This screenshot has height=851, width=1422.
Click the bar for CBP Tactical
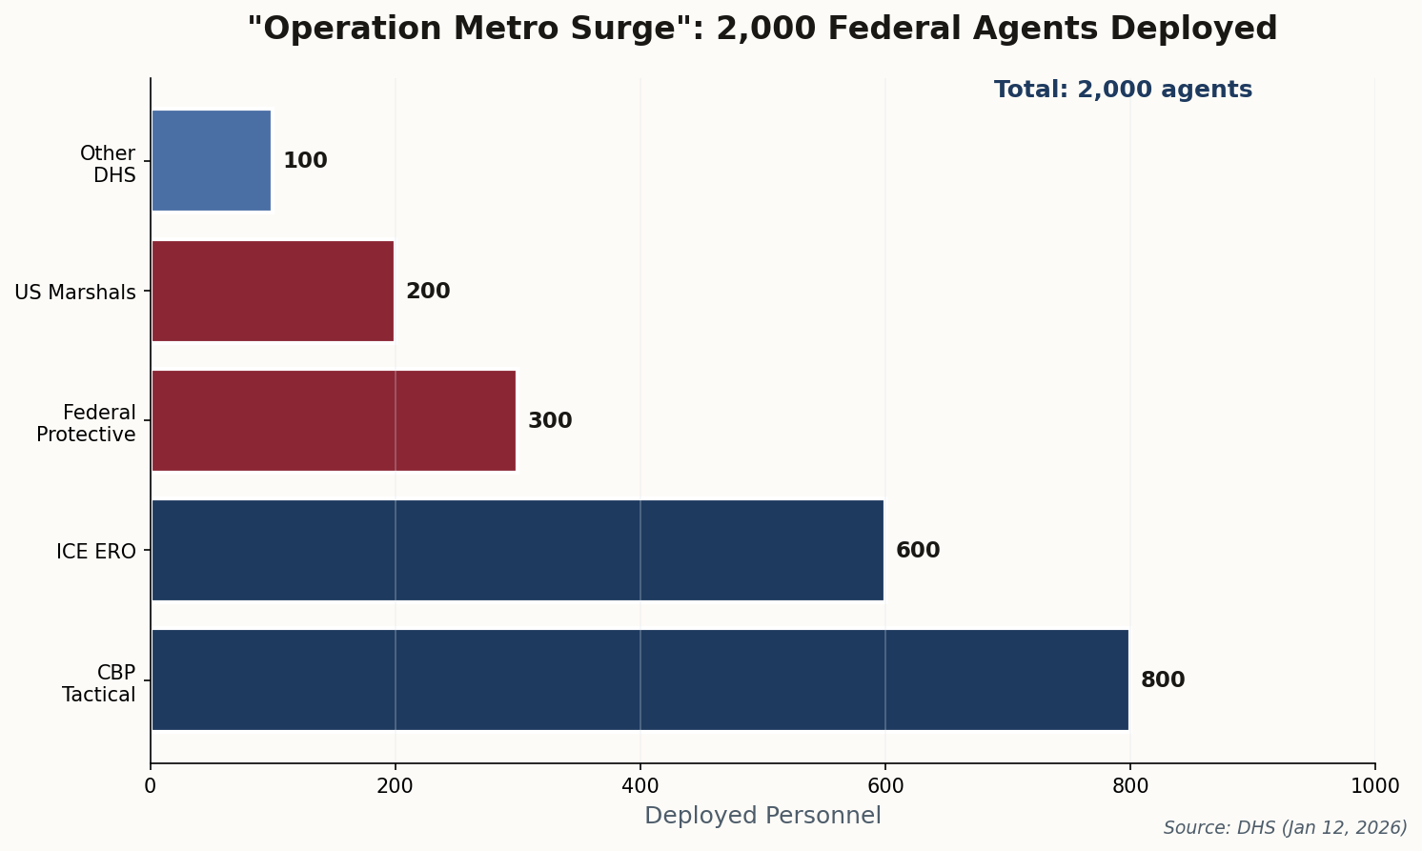pyautogui.click(x=640, y=679)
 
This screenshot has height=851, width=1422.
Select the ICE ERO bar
pyautogui.click(x=518, y=550)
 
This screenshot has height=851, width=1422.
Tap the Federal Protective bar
pyautogui.click(x=334, y=420)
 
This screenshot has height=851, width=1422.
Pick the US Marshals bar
pyautogui.click(x=273, y=291)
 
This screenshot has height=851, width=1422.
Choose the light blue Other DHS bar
pyautogui.click(x=212, y=160)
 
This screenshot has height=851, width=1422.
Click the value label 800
pyautogui.click(x=1163, y=680)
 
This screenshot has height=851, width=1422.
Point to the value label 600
pyautogui.click(x=918, y=551)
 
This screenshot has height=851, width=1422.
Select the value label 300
pyautogui.click(x=550, y=421)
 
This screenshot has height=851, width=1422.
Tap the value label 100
pyautogui.click(x=305, y=161)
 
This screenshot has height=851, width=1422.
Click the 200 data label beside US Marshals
pyautogui.click(x=428, y=292)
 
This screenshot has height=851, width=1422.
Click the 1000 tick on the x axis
pyautogui.click(x=1374, y=786)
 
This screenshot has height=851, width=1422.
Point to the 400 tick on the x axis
pyautogui.click(x=640, y=786)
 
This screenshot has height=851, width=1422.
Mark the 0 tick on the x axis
pyautogui.click(x=150, y=786)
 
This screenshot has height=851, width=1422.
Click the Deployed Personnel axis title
pyautogui.click(x=762, y=816)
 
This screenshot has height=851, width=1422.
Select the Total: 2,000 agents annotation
pyautogui.click(x=1123, y=90)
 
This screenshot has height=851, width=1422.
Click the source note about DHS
pyautogui.click(x=1285, y=828)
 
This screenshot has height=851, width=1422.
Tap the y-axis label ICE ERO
pyautogui.click(x=96, y=551)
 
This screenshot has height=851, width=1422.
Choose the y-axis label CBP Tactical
pyautogui.click(x=100, y=683)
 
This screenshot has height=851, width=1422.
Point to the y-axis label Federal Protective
pyautogui.click(x=88, y=423)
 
